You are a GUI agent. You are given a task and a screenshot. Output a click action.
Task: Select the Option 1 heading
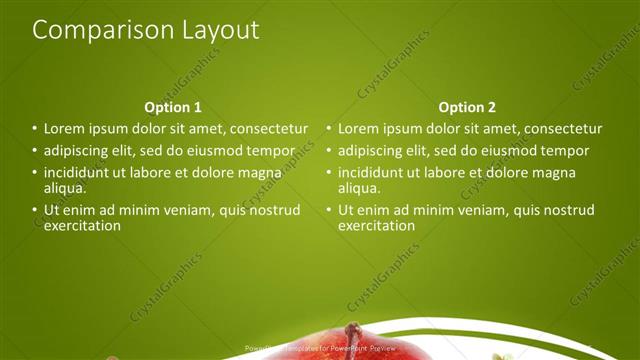pos(173,107)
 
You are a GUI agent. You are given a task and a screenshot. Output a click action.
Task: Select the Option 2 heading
pos(467,107)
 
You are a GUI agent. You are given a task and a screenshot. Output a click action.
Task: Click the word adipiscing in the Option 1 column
pos(77,151)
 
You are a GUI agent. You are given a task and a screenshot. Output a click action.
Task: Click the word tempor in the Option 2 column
pos(566,151)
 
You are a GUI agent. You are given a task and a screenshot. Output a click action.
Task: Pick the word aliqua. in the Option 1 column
pos(65,187)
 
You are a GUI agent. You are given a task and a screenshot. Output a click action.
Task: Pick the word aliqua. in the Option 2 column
pos(359,187)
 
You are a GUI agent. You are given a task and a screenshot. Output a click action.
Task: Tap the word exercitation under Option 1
pos(82,225)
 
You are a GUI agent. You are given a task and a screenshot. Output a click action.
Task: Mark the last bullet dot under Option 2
pos(328,210)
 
